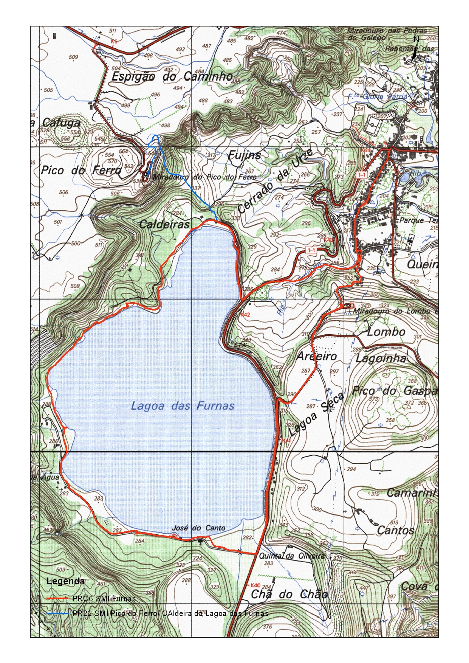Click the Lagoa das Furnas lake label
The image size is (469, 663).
pyautogui.click(x=182, y=406)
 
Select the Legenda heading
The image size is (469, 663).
pyautogui.click(x=65, y=581)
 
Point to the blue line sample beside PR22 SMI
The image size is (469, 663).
pyautogui.click(x=57, y=613)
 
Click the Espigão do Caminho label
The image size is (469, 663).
pyautogui.click(x=172, y=77)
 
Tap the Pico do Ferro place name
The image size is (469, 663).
pyautogui.click(x=81, y=170)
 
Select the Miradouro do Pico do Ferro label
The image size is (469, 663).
pyautogui.click(x=204, y=177)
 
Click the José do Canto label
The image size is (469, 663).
pyautogui.click(x=198, y=528)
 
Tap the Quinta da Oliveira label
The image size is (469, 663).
pyautogui.click(x=291, y=556)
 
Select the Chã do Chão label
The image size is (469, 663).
pyautogui.click(x=289, y=594)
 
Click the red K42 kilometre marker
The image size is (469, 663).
pyautogui.click(x=245, y=315)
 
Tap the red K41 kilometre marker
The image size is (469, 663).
pyautogui.click(x=286, y=441)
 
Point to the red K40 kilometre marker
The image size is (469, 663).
pyautogui.click(x=255, y=585)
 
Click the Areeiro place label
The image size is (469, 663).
pyautogui.click(x=316, y=356)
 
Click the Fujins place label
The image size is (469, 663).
pyautogui.click(x=244, y=155)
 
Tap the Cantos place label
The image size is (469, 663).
pyautogui.click(x=395, y=530)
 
